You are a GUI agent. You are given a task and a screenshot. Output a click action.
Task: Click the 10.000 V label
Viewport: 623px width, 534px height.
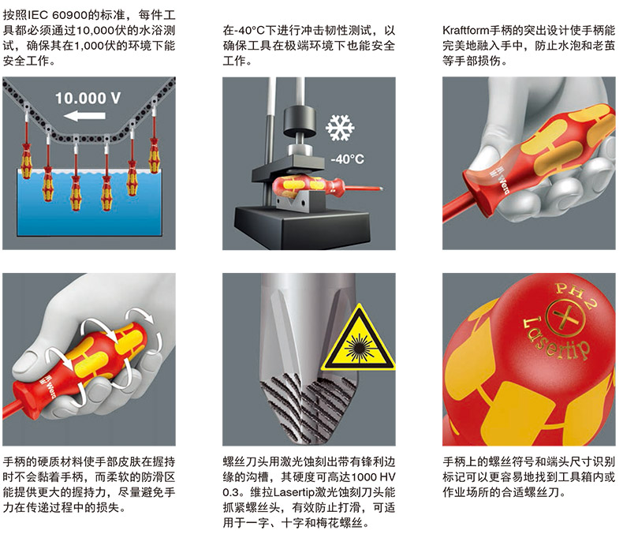(x=88, y=98)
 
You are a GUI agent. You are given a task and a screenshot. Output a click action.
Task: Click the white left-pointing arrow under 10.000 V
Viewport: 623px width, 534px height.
(x=84, y=116)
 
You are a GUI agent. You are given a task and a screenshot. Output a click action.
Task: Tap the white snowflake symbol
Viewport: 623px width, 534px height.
(x=340, y=128)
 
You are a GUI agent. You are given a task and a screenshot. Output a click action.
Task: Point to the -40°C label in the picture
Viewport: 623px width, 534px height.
(x=347, y=159)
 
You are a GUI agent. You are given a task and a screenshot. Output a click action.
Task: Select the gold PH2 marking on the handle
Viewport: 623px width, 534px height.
(x=576, y=293)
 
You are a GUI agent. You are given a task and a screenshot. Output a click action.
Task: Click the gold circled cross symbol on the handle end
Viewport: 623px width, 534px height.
(x=565, y=316)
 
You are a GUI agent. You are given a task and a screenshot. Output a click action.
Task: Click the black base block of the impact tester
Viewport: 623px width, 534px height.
(x=303, y=227)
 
